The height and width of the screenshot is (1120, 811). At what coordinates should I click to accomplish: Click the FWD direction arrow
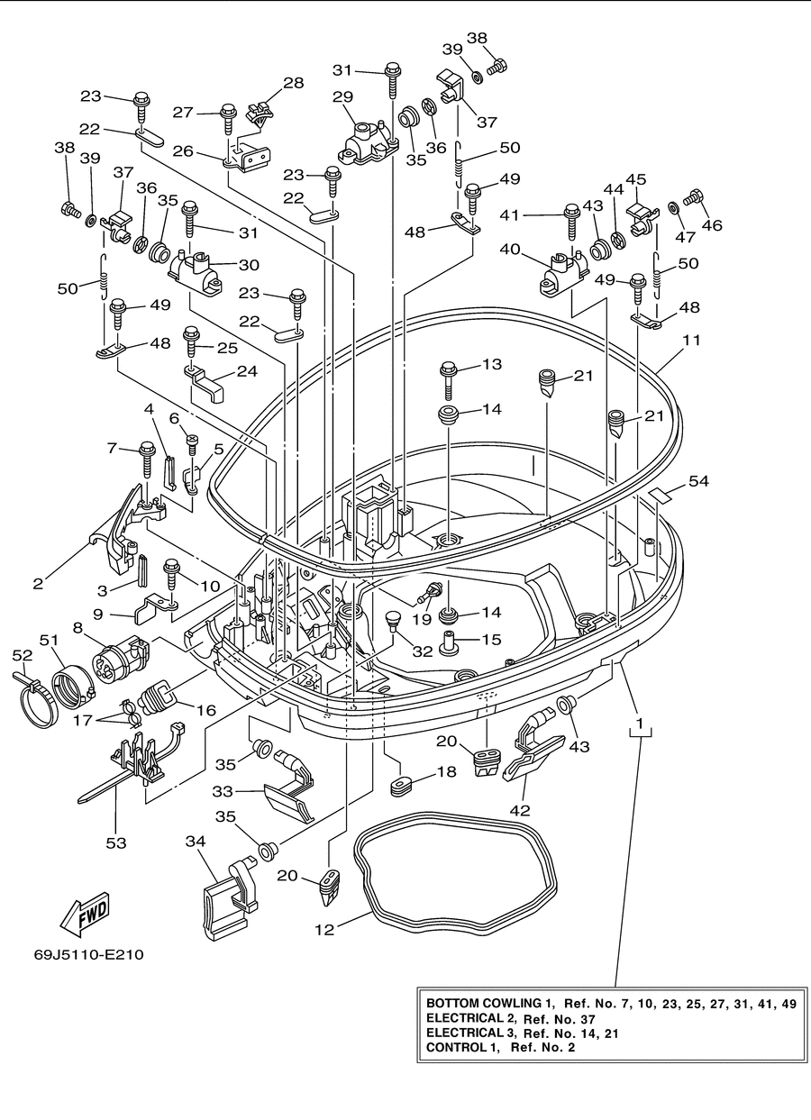coord(85,914)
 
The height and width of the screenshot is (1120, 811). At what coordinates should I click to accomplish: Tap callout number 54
coord(698,481)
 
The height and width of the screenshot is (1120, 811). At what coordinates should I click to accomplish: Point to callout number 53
coord(116,843)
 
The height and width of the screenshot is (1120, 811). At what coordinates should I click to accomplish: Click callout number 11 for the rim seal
coord(691,340)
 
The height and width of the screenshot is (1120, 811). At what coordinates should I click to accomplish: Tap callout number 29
coord(343,96)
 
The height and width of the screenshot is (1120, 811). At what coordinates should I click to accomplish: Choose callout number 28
coord(294,83)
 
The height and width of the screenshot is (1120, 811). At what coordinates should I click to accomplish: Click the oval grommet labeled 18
coord(400,788)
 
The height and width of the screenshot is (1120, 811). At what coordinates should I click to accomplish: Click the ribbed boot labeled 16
coord(157,695)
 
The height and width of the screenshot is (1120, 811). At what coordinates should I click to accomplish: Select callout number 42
coord(520,810)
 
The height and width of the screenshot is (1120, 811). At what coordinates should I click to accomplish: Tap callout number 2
coord(38,584)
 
